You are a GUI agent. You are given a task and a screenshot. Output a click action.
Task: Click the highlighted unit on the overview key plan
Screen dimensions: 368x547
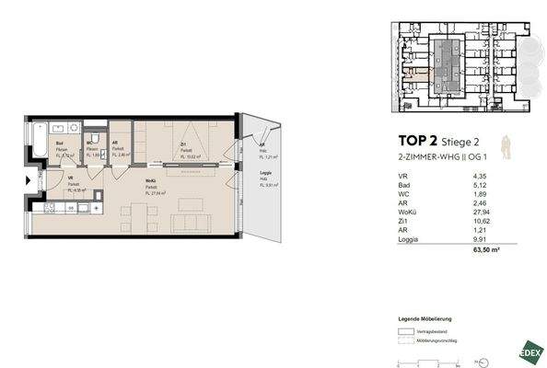click(x=419, y=77)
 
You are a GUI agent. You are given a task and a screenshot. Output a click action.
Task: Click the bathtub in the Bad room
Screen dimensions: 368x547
click(x=37, y=145)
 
